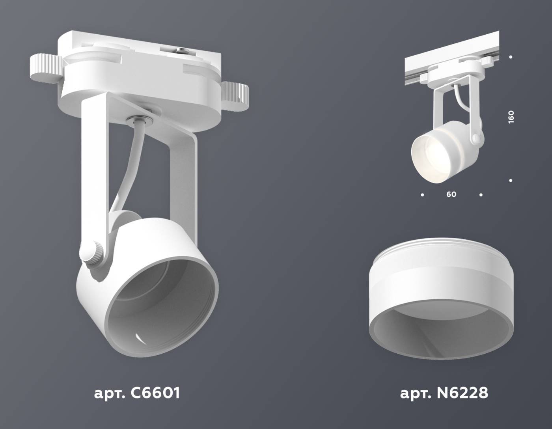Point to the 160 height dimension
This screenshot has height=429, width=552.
click(511, 118)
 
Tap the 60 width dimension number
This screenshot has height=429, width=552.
click(451, 194)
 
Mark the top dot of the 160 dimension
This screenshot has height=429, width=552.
click(511, 57)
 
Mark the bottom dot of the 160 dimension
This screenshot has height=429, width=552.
click(511, 181)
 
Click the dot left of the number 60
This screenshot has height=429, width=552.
click(423, 195)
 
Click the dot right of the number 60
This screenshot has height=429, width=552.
click(481, 195)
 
